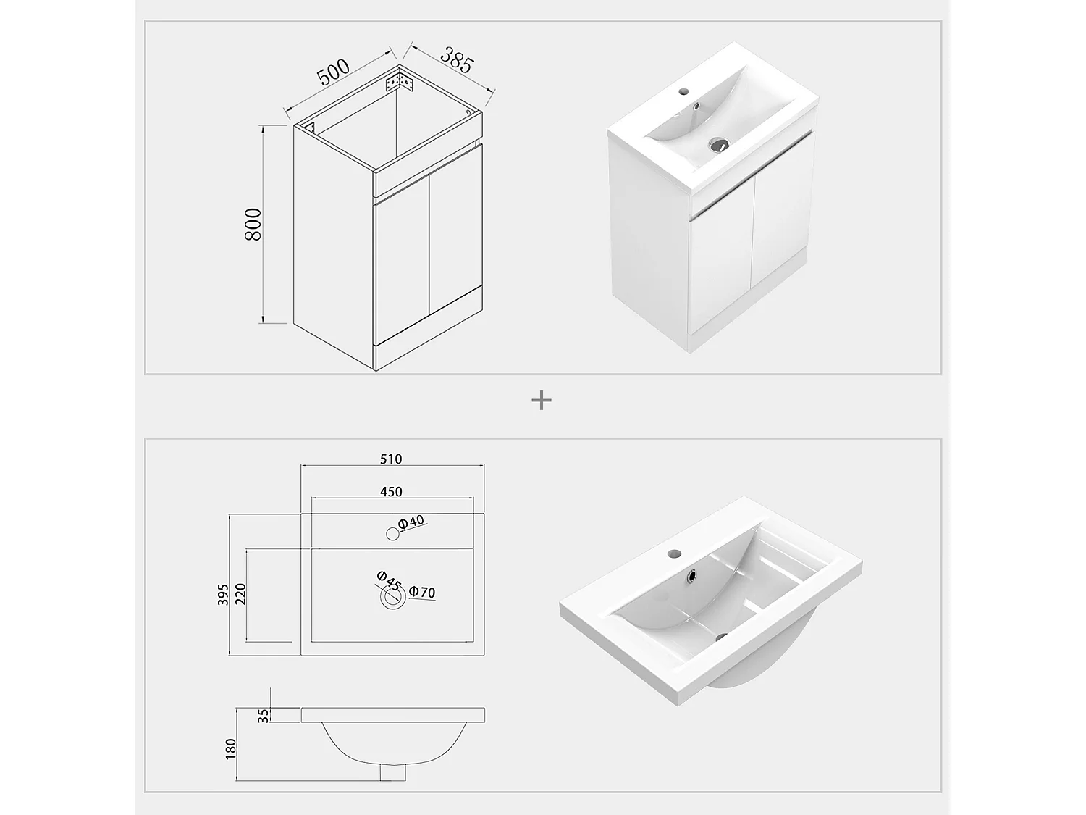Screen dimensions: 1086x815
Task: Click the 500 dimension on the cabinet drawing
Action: [333, 72]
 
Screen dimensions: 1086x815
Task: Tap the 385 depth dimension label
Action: [457, 60]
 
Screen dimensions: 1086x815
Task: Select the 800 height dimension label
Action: [253, 224]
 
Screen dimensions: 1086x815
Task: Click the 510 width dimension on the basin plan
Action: [391, 459]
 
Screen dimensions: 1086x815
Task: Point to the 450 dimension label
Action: [391, 492]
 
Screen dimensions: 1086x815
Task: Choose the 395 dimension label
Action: [223, 594]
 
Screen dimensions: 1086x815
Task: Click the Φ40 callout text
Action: [411, 522]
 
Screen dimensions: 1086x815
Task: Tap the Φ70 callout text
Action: [422, 592]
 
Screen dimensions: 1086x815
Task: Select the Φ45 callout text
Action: [389, 580]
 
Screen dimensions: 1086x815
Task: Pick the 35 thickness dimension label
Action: [264, 716]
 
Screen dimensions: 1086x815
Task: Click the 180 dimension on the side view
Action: [231, 749]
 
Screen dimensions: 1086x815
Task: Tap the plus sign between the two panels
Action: [542, 401]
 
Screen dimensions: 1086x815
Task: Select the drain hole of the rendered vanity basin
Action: [719, 144]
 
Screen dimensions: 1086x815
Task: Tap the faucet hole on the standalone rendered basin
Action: [674, 553]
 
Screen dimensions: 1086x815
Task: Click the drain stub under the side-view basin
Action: [393, 772]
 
